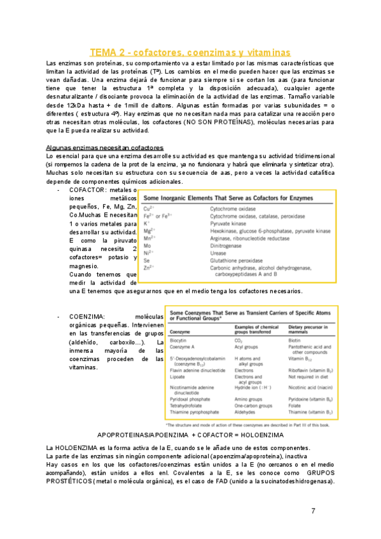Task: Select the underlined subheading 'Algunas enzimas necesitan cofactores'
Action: coord(105,147)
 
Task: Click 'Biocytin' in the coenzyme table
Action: coord(179,341)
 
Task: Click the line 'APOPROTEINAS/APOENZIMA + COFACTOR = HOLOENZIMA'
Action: coord(190,435)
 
